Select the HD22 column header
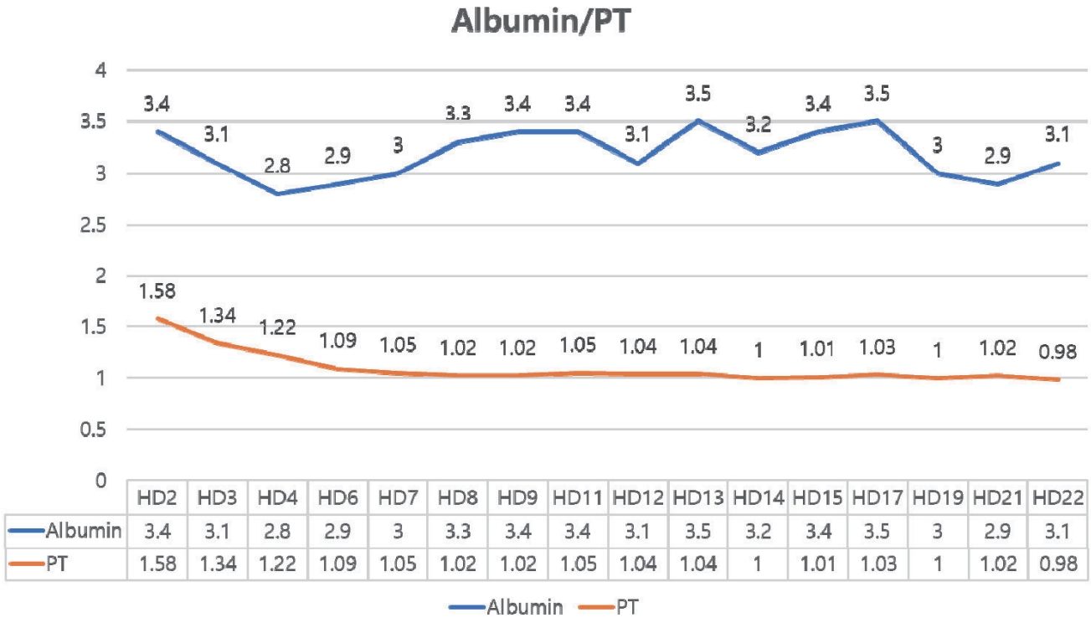tap(1058, 497)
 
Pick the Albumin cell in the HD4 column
tap(278, 530)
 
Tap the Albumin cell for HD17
tap(877, 530)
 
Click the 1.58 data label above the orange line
tap(156, 293)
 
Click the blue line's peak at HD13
tap(698, 121)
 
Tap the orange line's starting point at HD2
tap(156, 318)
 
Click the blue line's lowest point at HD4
tap(276, 193)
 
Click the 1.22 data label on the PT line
tap(278, 329)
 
